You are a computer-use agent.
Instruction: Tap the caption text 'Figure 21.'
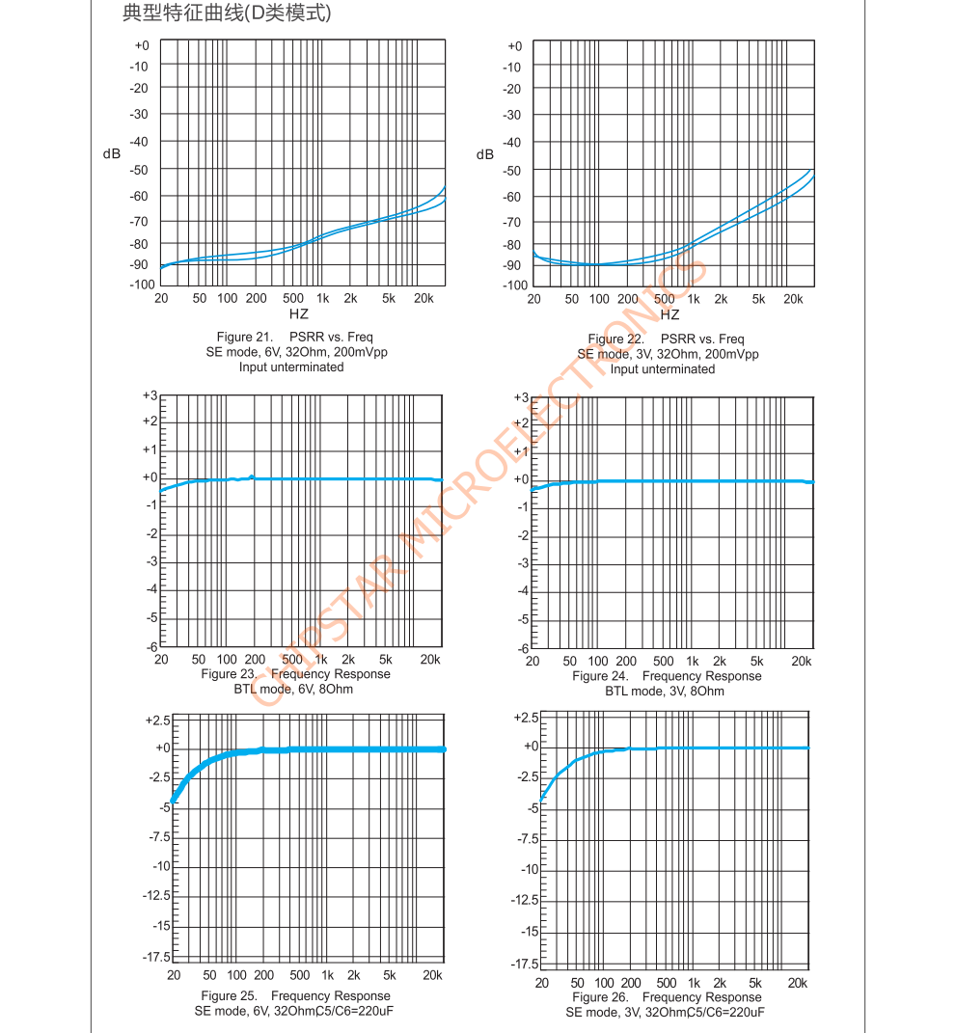246,338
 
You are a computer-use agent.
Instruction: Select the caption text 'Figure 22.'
615,340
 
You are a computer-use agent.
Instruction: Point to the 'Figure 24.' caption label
601,676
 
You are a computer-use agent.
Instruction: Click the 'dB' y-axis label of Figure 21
112,154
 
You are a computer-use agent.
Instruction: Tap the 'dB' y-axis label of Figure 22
484,155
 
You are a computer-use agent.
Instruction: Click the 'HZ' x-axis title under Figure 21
299,314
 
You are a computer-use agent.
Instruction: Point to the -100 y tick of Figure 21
142,285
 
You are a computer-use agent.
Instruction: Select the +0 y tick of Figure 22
514,46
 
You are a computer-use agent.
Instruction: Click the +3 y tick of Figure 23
150,395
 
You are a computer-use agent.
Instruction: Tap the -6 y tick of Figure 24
522,648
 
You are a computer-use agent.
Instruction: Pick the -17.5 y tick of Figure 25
154,957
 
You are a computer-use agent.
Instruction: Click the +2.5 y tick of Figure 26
527,718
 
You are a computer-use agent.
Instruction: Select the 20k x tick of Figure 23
430,660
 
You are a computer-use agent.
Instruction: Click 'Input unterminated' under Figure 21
291,367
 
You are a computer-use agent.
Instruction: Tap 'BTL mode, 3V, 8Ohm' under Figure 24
665,691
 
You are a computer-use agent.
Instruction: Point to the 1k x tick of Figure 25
328,976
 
